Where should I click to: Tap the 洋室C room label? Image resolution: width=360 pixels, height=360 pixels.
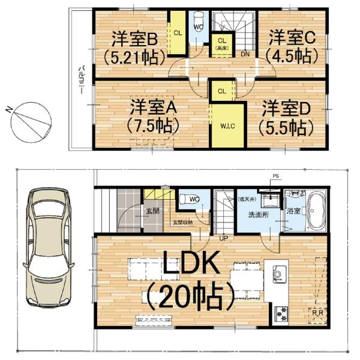coord(292,37)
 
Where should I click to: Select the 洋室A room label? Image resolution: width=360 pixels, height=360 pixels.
coord(153,110)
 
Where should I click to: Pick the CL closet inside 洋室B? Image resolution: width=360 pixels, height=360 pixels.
coord(178,33)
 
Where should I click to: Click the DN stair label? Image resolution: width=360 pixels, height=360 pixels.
coord(245,53)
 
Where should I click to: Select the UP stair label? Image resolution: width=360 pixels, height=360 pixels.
coord(223,238)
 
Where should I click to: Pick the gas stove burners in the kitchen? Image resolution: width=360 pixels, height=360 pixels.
coord(280,312)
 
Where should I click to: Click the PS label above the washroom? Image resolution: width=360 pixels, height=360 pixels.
coord(276,176)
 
